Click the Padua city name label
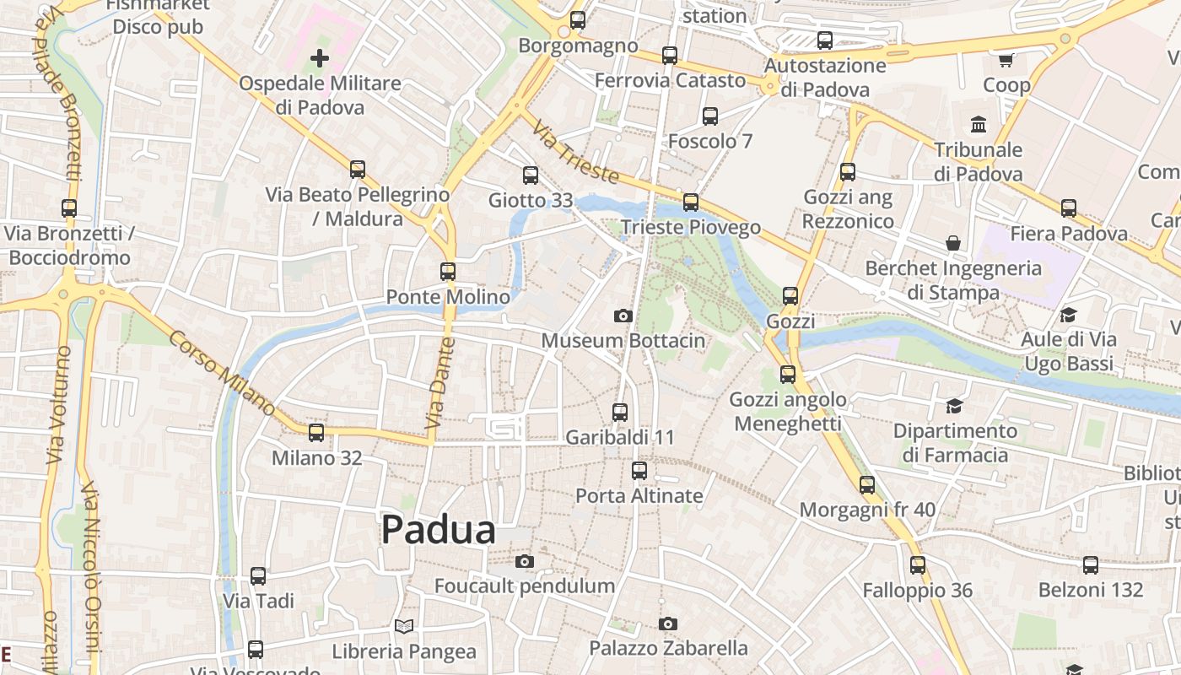(x=438, y=530)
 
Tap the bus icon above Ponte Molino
(x=448, y=272)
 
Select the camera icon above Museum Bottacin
(x=623, y=316)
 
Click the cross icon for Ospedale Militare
(x=319, y=58)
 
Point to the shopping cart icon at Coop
(x=1006, y=60)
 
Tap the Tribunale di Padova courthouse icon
(x=979, y=125)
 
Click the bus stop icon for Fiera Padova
(x=1069, y=208)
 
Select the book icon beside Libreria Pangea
(x=405, y=626)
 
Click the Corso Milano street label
(x=222, y=372)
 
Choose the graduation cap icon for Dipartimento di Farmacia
(x=954, y=406)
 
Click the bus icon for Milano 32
(x=316, y=433)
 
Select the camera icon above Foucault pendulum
(x=525, y=561)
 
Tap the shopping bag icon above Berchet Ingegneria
(x=953, y=243)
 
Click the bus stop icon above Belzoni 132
(x=1091, y=564)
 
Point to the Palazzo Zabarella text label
(x=668, y=648)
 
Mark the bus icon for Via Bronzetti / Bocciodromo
(x=69, y=208)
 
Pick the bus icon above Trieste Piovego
(x=691, y=202)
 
